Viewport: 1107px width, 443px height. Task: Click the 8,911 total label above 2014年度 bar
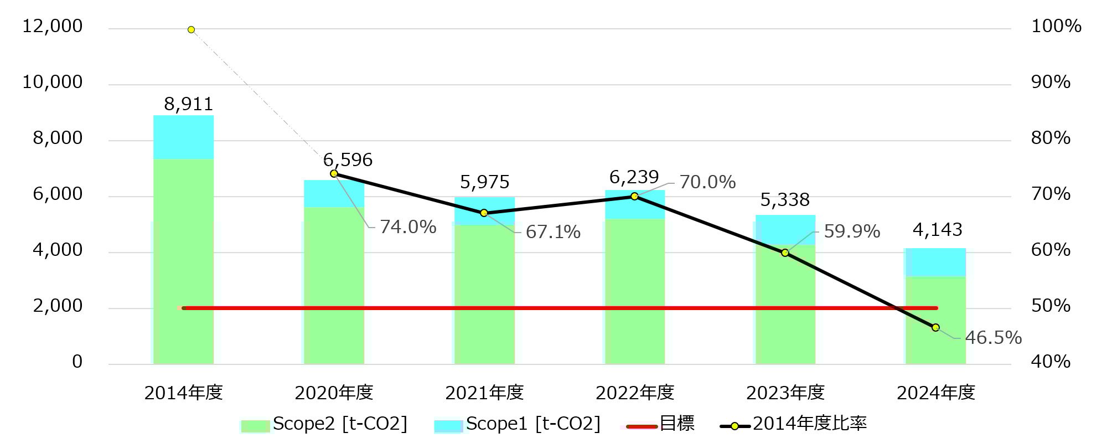(x=188, y=104)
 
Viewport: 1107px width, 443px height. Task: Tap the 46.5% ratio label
(x=993, y=338)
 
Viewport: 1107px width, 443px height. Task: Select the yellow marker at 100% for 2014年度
(x=191, y=29)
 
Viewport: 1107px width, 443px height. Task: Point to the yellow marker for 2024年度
(x=935, y=328)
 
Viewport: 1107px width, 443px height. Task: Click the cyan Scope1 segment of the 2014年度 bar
(x=183, y=137)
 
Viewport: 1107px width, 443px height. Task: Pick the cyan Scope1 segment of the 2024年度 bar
(x=935, y=262)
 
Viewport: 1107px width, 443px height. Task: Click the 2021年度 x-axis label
(x=484, y=393)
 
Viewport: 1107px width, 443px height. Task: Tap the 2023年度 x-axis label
(x=785, y=393)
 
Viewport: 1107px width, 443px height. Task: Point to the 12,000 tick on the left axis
(x=52, y=26)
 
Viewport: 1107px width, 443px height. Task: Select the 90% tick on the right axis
(x=1050, y=82)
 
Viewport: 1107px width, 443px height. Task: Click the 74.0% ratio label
(x=408, y=227)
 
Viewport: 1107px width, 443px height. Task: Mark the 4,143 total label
(x=937, y=230)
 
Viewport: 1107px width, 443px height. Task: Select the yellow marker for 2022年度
(x=634, y=196)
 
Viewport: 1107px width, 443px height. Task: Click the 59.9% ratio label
(x=852, y=231)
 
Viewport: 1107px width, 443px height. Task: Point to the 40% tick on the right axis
(x=1050, y=362)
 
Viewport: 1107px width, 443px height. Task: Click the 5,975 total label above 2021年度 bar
(x=484, y=182)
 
